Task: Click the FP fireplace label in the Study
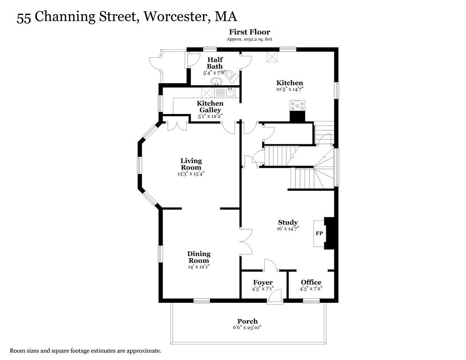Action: pyautogui.click(x=319, y=233)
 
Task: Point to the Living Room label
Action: pyautogui.click(x=191, y=164)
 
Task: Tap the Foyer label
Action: pyautogui.click(x=263, y=283)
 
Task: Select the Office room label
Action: pyautogui.click(x=311, y=283)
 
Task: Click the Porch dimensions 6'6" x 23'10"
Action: pyautogui.click(x=247, y=328)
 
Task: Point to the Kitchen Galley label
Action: pyautogui.click(x=210, y=106)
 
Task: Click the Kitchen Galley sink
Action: pyautogui.click(x=230, y=92)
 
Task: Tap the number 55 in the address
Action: pyautogui.click(x=24, y=17)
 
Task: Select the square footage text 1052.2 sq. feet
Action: pyautogui.click(x=256, y=39)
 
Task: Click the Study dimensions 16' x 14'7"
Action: pyautogui.click(x=288, y=229)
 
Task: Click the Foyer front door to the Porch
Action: pyautogui.click(x=275, y=296)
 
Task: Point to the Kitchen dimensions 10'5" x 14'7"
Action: pyautogui.click(x=289, y=89)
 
